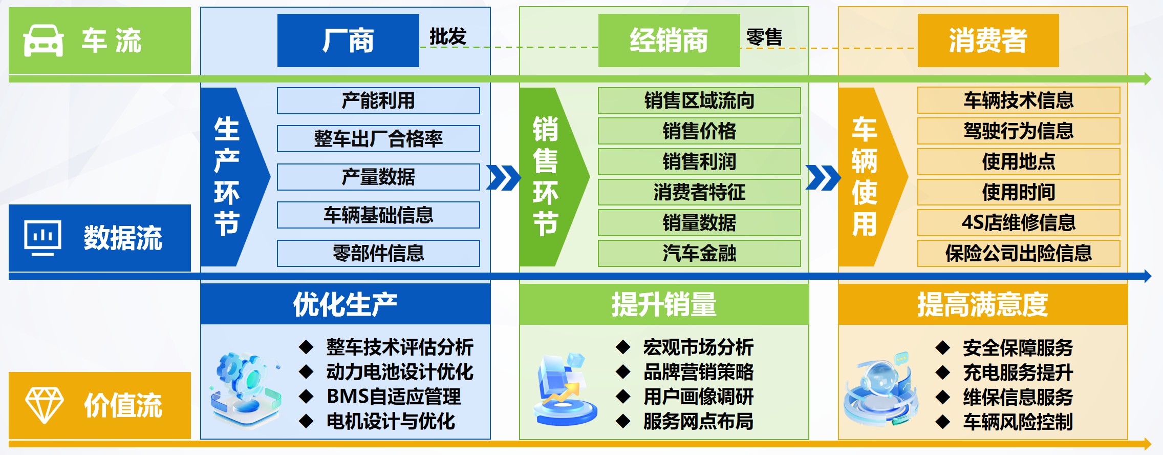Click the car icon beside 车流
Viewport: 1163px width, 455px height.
(x=44, y=41)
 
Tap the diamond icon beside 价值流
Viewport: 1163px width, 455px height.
(x=45, y=405)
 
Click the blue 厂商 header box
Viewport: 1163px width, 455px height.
(x=348, y=40)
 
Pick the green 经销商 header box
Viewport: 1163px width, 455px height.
(x=669, y=40)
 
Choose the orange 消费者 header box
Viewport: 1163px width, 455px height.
(x=988, y=40)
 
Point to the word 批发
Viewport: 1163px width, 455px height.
(x=448, y=37)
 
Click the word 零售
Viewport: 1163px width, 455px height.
(x=764, y=37)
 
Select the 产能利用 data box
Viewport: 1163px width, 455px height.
(x=378, y=100)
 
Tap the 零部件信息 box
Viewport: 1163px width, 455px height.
(x=378, y=253)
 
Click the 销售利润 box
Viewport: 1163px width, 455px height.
(x=699, y=161)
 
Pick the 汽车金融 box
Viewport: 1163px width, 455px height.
(x=699, y=253)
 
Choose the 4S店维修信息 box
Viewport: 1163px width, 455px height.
(x=1019, y=222)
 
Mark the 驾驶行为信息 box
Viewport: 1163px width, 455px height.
(x=1019, y=131)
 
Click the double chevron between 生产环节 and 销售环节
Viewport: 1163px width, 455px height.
(x=504, y=177)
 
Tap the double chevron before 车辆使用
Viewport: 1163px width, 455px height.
(x=823, y=177)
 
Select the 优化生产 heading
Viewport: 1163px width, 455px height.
(x=345, y=304)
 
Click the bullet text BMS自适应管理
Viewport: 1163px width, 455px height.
(x=394, y=397)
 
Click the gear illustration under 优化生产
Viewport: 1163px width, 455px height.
(x=246, y=388)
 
